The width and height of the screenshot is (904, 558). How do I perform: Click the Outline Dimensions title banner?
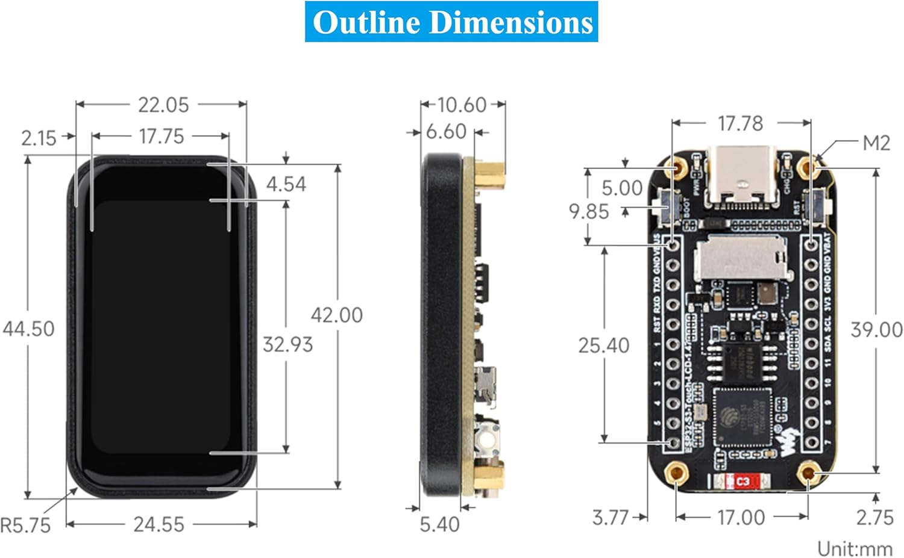[x=451, y=22]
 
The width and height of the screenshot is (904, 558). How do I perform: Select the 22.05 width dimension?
[x=163, y=105]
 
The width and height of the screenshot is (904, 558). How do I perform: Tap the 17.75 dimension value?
[x=161, y=136]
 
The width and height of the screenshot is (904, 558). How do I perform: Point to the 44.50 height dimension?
[x=28, y=329]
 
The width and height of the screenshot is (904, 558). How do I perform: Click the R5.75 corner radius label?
[x=25, y=525]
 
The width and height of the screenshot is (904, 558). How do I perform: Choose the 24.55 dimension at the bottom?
[x=159, y=524]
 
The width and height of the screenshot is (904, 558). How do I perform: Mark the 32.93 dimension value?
[x=287, y=344]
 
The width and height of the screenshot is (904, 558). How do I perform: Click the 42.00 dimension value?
[x=336, y=315]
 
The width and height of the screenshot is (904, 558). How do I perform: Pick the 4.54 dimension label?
[x=286, y=184]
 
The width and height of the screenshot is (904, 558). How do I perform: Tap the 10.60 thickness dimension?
[x=462, y=105]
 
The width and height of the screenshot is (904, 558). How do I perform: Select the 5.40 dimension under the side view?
[x=439, y=524]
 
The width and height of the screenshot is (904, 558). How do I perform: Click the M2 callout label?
[x=876, y=143]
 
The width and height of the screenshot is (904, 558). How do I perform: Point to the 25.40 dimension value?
[x=603, y=346]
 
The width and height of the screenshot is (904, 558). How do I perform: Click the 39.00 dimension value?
[x=876, y=329]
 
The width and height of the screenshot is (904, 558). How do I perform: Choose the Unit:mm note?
[x=854, y=548]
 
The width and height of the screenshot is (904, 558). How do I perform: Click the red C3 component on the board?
[x=742, y=482]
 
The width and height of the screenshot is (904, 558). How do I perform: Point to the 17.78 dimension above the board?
[x=740, y=123]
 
